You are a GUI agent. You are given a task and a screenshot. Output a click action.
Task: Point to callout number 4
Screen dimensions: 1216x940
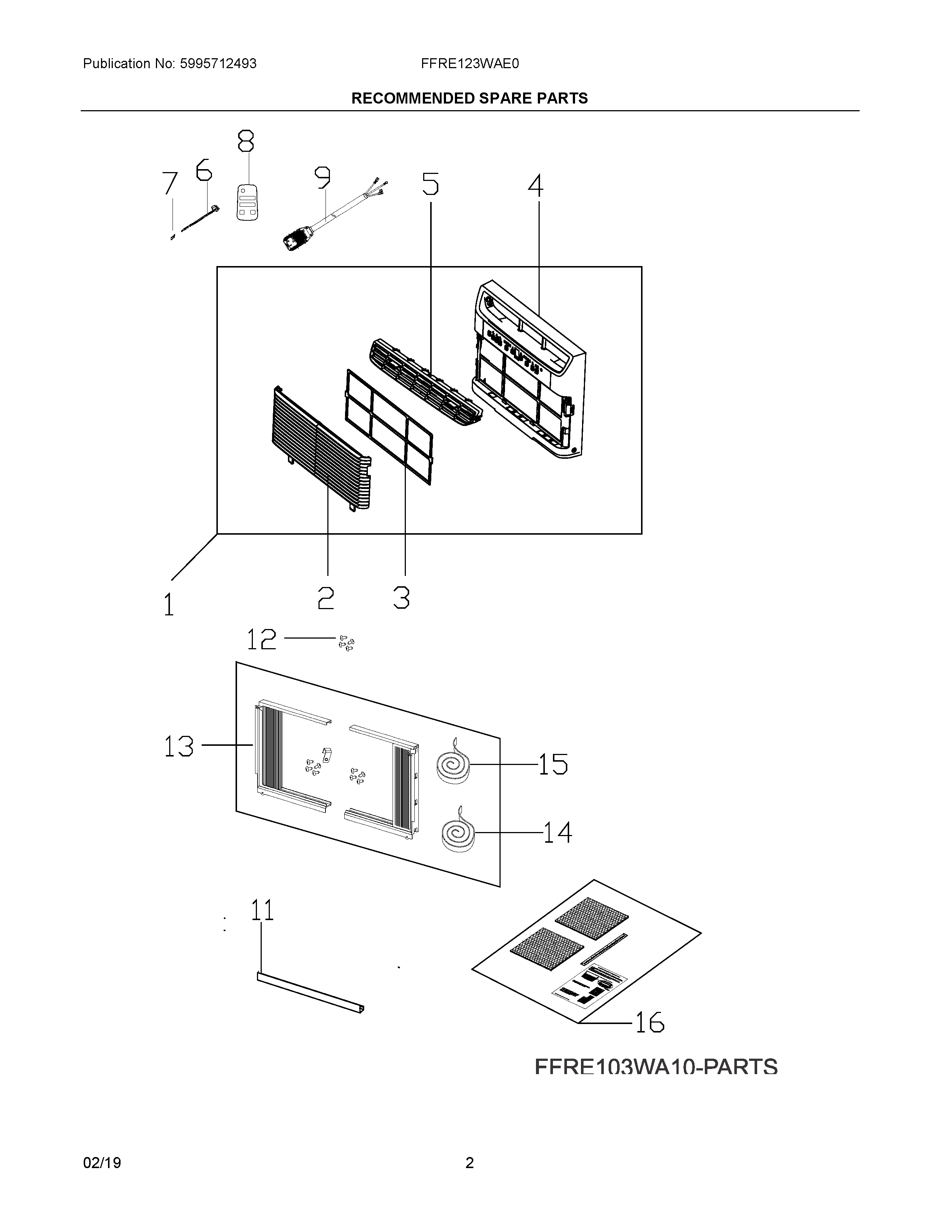(536, 186)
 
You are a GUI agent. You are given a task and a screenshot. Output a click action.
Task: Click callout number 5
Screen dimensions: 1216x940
(430, 184)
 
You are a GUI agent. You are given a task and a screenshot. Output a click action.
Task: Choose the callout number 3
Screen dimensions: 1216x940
(401, 598)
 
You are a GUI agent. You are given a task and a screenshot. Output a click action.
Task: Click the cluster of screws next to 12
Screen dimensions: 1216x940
(347, 644)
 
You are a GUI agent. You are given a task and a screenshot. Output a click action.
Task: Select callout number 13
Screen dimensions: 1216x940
(179, 746)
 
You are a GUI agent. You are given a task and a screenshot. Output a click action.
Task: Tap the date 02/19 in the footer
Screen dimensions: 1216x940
(102, 1163)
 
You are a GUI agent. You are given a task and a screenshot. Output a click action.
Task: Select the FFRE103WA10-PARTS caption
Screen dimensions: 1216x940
(655, 1068)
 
